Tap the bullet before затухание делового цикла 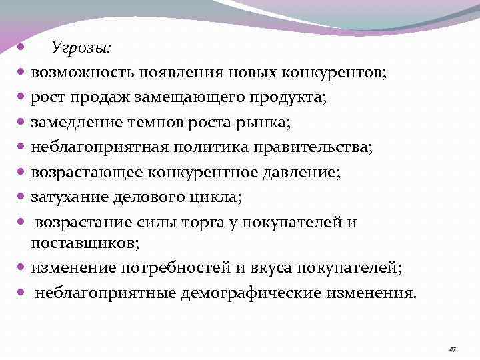tap(22, 197)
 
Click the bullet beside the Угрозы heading tap(22, 48)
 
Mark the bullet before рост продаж tap(22, 97)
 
